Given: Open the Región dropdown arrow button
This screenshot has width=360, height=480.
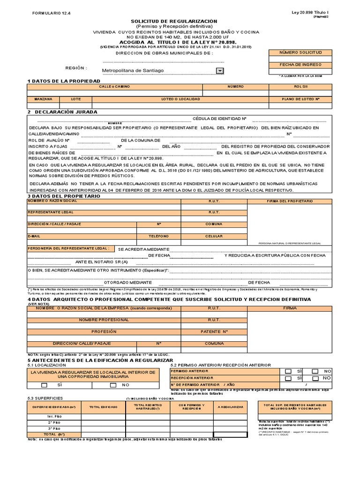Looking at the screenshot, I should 219,71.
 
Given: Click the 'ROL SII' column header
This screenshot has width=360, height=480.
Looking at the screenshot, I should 300,87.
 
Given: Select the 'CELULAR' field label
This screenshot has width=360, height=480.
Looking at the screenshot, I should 214,236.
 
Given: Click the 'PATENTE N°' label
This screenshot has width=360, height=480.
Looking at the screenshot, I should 214,331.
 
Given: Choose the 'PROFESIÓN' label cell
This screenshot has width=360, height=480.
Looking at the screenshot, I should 104,331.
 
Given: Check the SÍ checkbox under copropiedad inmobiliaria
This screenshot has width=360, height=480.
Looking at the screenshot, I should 45,385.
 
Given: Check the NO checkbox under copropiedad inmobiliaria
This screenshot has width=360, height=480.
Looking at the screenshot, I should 113,385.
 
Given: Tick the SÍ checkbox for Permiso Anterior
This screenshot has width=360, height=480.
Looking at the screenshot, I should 288,371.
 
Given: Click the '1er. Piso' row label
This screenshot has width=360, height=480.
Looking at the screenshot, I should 54,416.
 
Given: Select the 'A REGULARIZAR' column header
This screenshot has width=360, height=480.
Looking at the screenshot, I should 231,407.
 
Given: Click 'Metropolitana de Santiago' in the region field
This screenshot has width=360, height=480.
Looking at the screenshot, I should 134,71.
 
